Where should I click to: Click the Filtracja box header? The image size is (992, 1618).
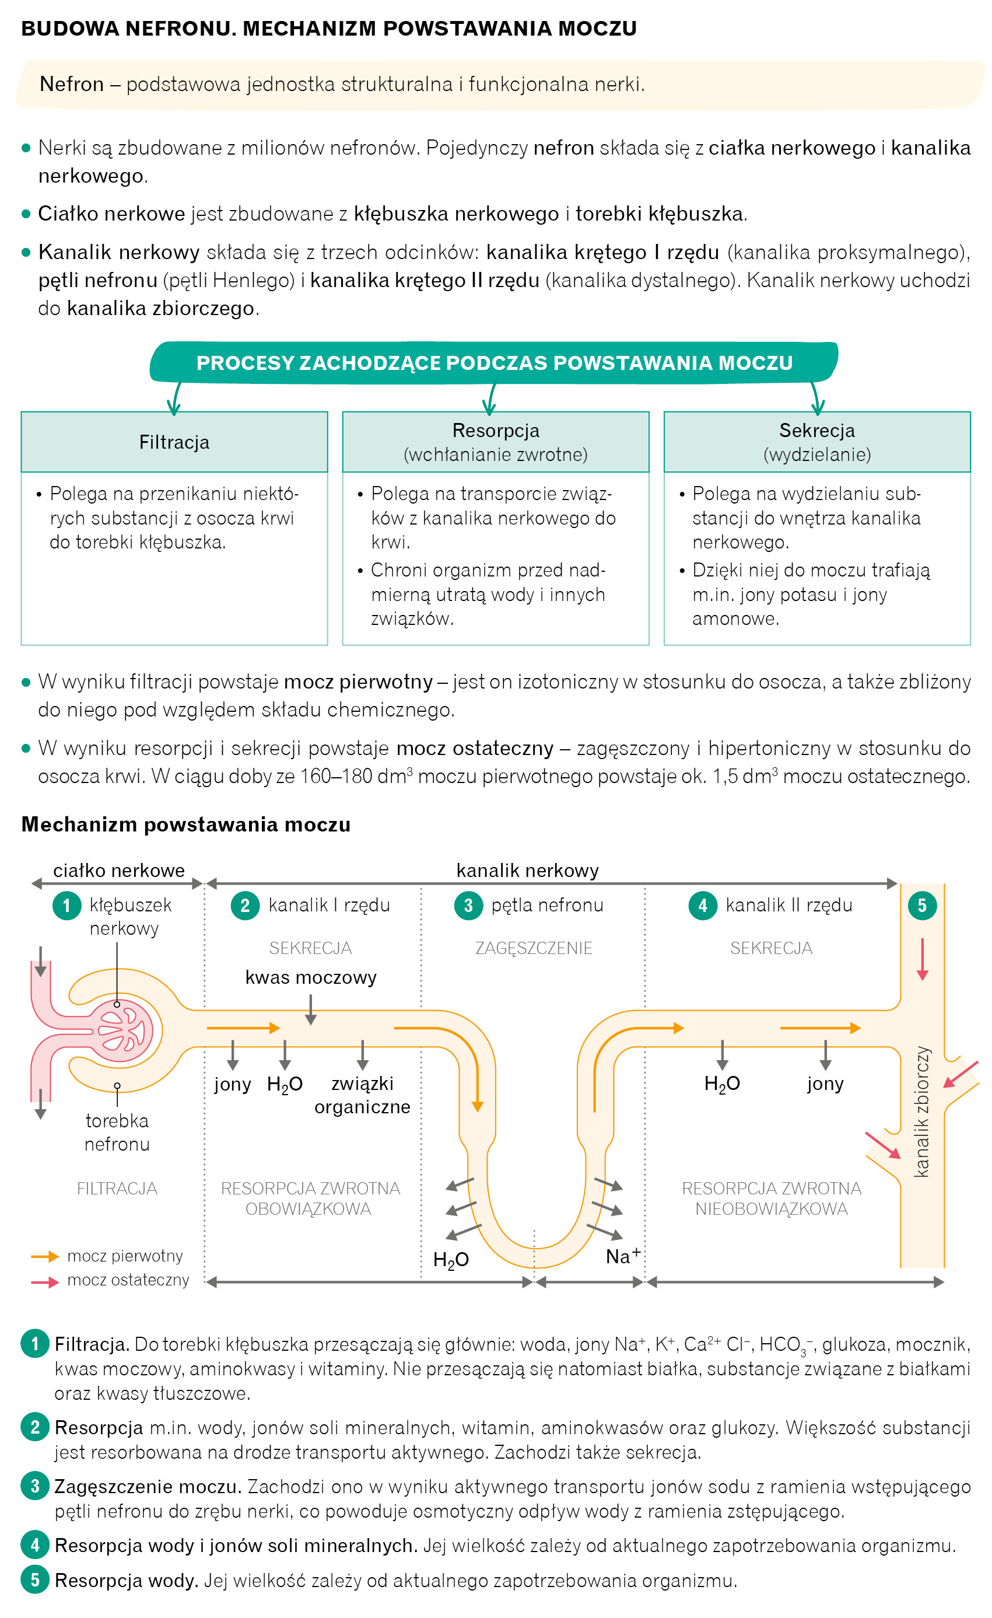(174, 442)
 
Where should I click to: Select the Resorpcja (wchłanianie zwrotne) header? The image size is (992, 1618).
(496, 442)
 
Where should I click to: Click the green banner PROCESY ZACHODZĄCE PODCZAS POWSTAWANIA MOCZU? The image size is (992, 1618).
(495, 362)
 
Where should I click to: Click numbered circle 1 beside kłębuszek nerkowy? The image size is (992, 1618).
(66, 906)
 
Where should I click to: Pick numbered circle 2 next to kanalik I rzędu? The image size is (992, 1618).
(245, 906)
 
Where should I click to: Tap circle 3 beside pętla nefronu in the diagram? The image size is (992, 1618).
(468, 906)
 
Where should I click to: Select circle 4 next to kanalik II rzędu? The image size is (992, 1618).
(703, 906)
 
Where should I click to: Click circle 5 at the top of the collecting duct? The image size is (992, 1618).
(922, 906)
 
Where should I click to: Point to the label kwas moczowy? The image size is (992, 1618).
(310, 977)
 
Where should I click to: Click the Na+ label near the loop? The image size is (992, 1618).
(622, 1256)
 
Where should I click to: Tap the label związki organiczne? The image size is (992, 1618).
(362, 1095)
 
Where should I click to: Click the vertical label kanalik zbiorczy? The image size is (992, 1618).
(922, 1111)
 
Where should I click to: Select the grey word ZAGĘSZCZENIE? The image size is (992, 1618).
(534, 948)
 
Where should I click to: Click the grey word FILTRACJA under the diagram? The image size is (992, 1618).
(117, 1188)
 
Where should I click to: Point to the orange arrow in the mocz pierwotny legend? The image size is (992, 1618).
(45, 1256)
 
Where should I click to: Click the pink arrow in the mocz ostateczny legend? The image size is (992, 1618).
(45, 1281)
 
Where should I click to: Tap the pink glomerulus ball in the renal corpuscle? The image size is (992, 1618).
(122, 1031)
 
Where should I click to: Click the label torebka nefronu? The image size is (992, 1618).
(117, 1132)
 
